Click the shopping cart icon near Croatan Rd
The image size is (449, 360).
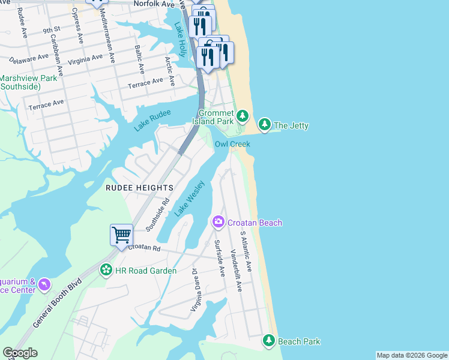(121, 235)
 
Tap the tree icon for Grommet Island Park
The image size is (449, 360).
(242, 115)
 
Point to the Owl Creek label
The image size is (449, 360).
(232, 144)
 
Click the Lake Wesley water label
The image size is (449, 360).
(190, 199)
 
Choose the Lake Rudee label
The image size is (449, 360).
(152, 120)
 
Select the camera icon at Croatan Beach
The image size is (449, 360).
(218, 223)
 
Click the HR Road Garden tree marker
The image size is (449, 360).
(106, 271)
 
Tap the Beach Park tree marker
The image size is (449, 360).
(269, 341)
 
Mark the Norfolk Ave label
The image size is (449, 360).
(153, 4)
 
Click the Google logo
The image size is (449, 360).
(20, 353)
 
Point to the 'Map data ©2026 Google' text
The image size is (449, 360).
(411, 355)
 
